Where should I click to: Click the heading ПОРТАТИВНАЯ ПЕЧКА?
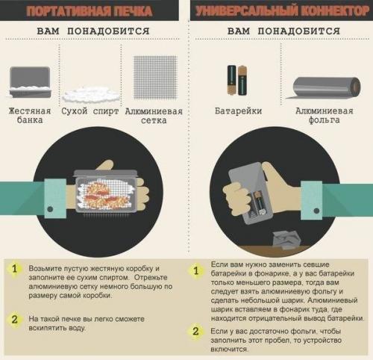pos(91,11)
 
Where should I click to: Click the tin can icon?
pos(30,81)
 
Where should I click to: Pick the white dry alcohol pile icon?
pos(91,93)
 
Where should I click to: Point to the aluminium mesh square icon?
pos(154,78)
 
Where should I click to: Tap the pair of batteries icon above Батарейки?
pos(237,80)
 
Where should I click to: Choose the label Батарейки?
pos(237,111)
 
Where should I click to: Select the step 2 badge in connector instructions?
pos(196,331)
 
